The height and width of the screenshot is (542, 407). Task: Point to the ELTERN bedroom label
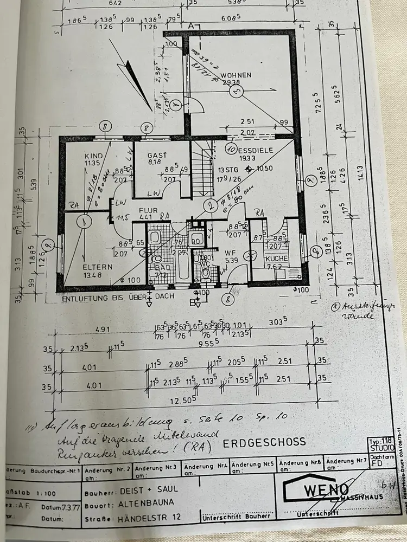click(98, 267)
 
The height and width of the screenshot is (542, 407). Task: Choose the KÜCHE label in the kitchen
click(277, 259)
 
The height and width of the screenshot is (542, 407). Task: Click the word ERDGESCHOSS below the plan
click(264, 443)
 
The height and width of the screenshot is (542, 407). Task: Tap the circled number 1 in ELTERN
click(84, 221)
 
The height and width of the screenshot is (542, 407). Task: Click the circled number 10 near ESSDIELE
click(230, 146)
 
